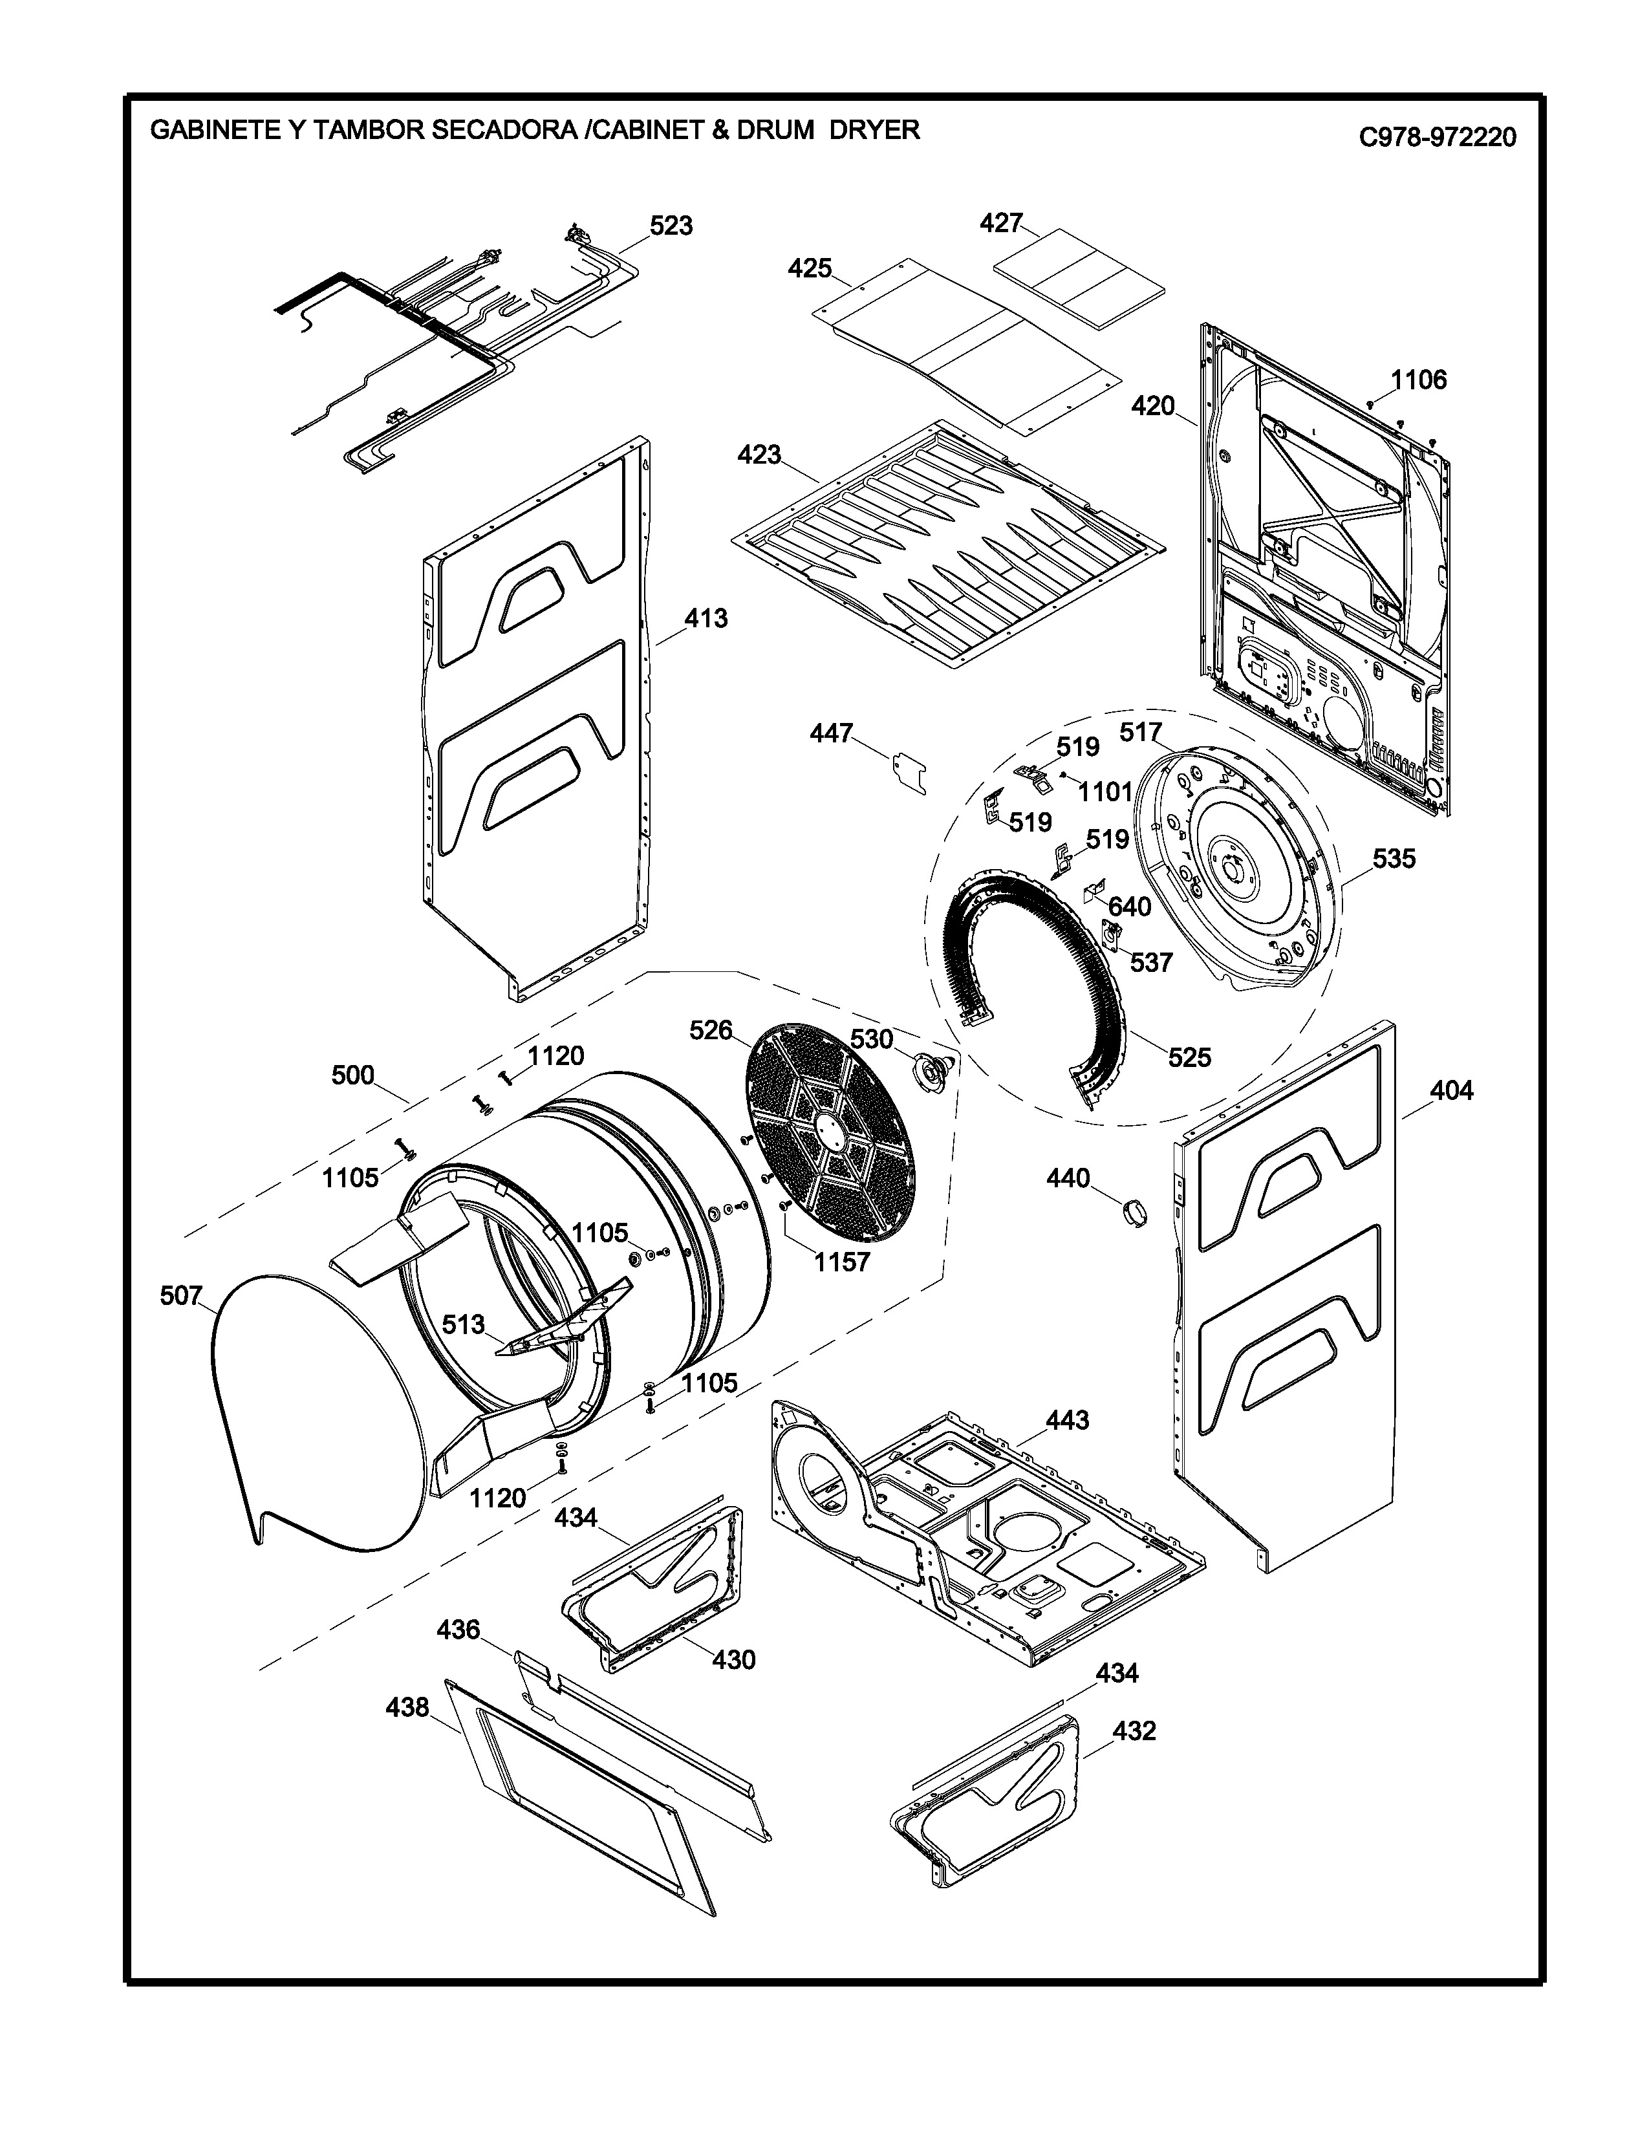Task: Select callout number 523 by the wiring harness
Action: pos(671,226)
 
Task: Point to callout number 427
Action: pos(1000,224)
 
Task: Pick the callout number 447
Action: pos(832,733)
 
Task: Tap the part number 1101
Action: pos(1105,792)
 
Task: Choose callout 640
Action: pos(1129,907)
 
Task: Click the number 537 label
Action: pos(1151,962)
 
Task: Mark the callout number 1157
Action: pos(842,1262)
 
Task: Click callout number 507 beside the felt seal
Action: pos(180,1297)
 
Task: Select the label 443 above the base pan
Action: pos(1067,1419)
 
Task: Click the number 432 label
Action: pos(1134,1730)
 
